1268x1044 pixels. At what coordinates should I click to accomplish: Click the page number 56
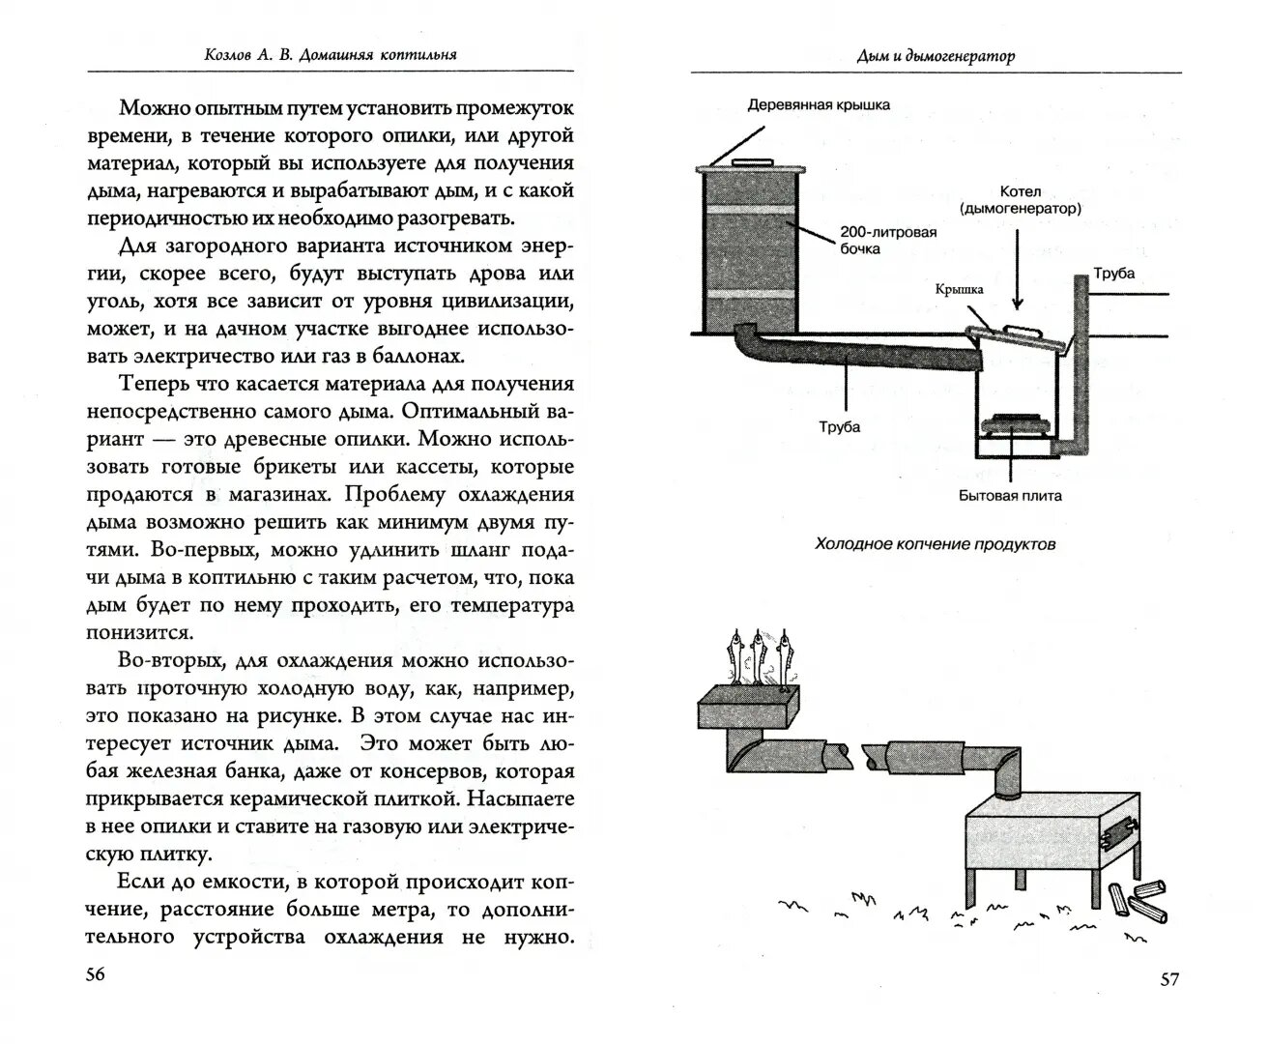pos(95,973)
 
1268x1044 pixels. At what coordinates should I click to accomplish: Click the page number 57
pos(1168,979)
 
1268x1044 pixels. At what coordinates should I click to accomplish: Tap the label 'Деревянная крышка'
pos(819,105)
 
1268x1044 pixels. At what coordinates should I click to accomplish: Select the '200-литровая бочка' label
pos(887,240)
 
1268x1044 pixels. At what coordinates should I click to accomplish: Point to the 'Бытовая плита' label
pos(1010,496)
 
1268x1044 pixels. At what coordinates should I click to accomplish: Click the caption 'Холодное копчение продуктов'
pos(935,544)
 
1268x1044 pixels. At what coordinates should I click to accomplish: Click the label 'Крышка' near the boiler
pos(959,289)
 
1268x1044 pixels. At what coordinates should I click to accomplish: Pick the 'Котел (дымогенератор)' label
pos(1021,200)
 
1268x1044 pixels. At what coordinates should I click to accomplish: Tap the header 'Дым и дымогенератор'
pos(936,56)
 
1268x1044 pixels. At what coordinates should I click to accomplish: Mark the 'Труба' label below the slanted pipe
pos(839,426)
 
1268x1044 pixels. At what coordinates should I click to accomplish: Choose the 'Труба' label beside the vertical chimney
pos(1113,274)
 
